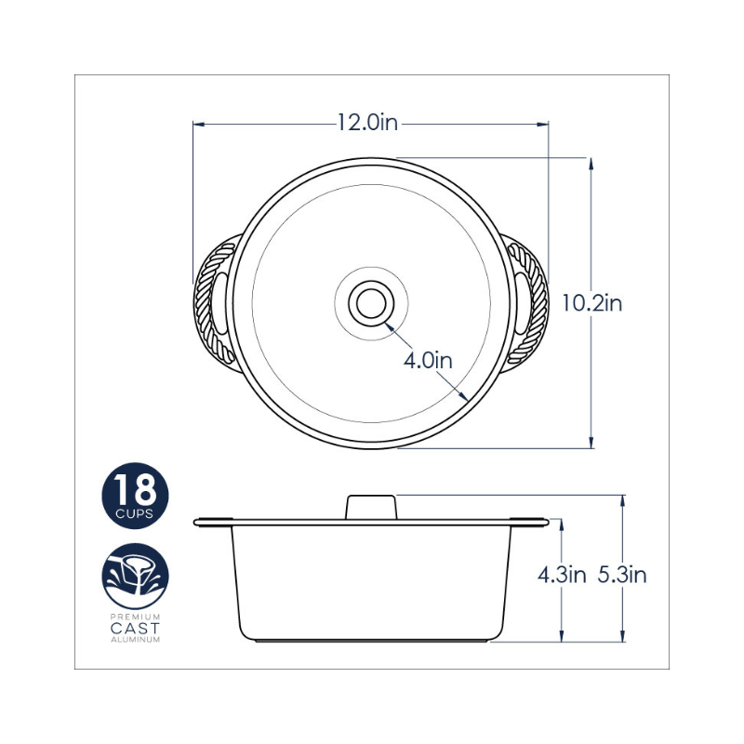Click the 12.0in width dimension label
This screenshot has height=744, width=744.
pos(367,123)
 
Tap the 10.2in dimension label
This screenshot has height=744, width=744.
pos(591,303)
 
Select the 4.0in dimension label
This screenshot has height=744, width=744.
pos(428,361)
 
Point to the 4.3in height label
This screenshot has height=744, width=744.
pos(562,575)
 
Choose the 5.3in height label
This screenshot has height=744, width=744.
pos(621,575)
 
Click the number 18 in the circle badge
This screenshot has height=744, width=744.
pos(135,490)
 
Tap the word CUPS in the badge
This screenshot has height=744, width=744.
pos(135,514)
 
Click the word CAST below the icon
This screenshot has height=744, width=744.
pos(135,629)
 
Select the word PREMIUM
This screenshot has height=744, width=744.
pos(135,617)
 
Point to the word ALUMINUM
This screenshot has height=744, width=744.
pos(135,640)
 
